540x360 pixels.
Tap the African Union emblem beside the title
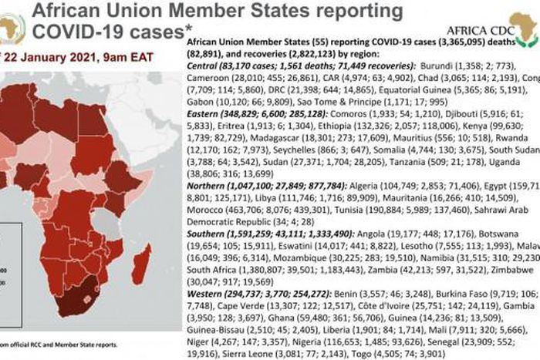(12, 29)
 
